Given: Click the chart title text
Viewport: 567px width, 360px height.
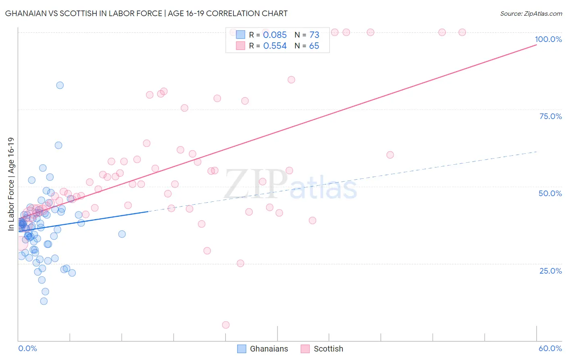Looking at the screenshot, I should click(x=146, y=13).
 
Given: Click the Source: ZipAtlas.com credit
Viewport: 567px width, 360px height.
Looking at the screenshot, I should click(x=531, y=13).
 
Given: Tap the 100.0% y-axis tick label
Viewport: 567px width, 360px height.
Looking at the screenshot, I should click(x=548, y=39).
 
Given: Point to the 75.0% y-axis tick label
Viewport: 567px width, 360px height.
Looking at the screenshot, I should click(x=550, y=116).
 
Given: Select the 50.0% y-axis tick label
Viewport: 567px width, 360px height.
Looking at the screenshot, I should click(x=550, y=193).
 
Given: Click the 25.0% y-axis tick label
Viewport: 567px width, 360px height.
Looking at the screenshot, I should click(x=550, y=270).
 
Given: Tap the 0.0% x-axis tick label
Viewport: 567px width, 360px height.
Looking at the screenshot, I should click(x=27, y=348).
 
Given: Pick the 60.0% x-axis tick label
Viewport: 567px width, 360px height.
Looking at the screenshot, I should click(x=550, y=348).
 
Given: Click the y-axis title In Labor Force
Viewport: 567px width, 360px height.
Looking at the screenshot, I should click(x=11, y=184).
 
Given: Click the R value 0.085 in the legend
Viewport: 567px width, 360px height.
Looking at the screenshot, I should click(x=275, y=35).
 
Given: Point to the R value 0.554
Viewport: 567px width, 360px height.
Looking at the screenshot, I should click(x=275, y=46).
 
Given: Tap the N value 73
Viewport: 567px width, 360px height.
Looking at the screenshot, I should click(x=314, y=35).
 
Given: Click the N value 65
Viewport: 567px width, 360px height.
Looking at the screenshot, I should click(x=314, y=46).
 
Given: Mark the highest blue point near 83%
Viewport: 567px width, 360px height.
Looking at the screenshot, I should click(x=60, y=85).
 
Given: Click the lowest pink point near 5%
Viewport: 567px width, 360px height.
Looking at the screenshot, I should click(x=226, y=325).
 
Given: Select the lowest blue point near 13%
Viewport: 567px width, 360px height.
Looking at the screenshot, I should click(x=44, y=301).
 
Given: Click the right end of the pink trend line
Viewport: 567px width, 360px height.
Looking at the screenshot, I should click(x=536, y=44).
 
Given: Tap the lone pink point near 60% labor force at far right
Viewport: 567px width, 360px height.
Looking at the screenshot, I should click(x=390, y=155).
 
